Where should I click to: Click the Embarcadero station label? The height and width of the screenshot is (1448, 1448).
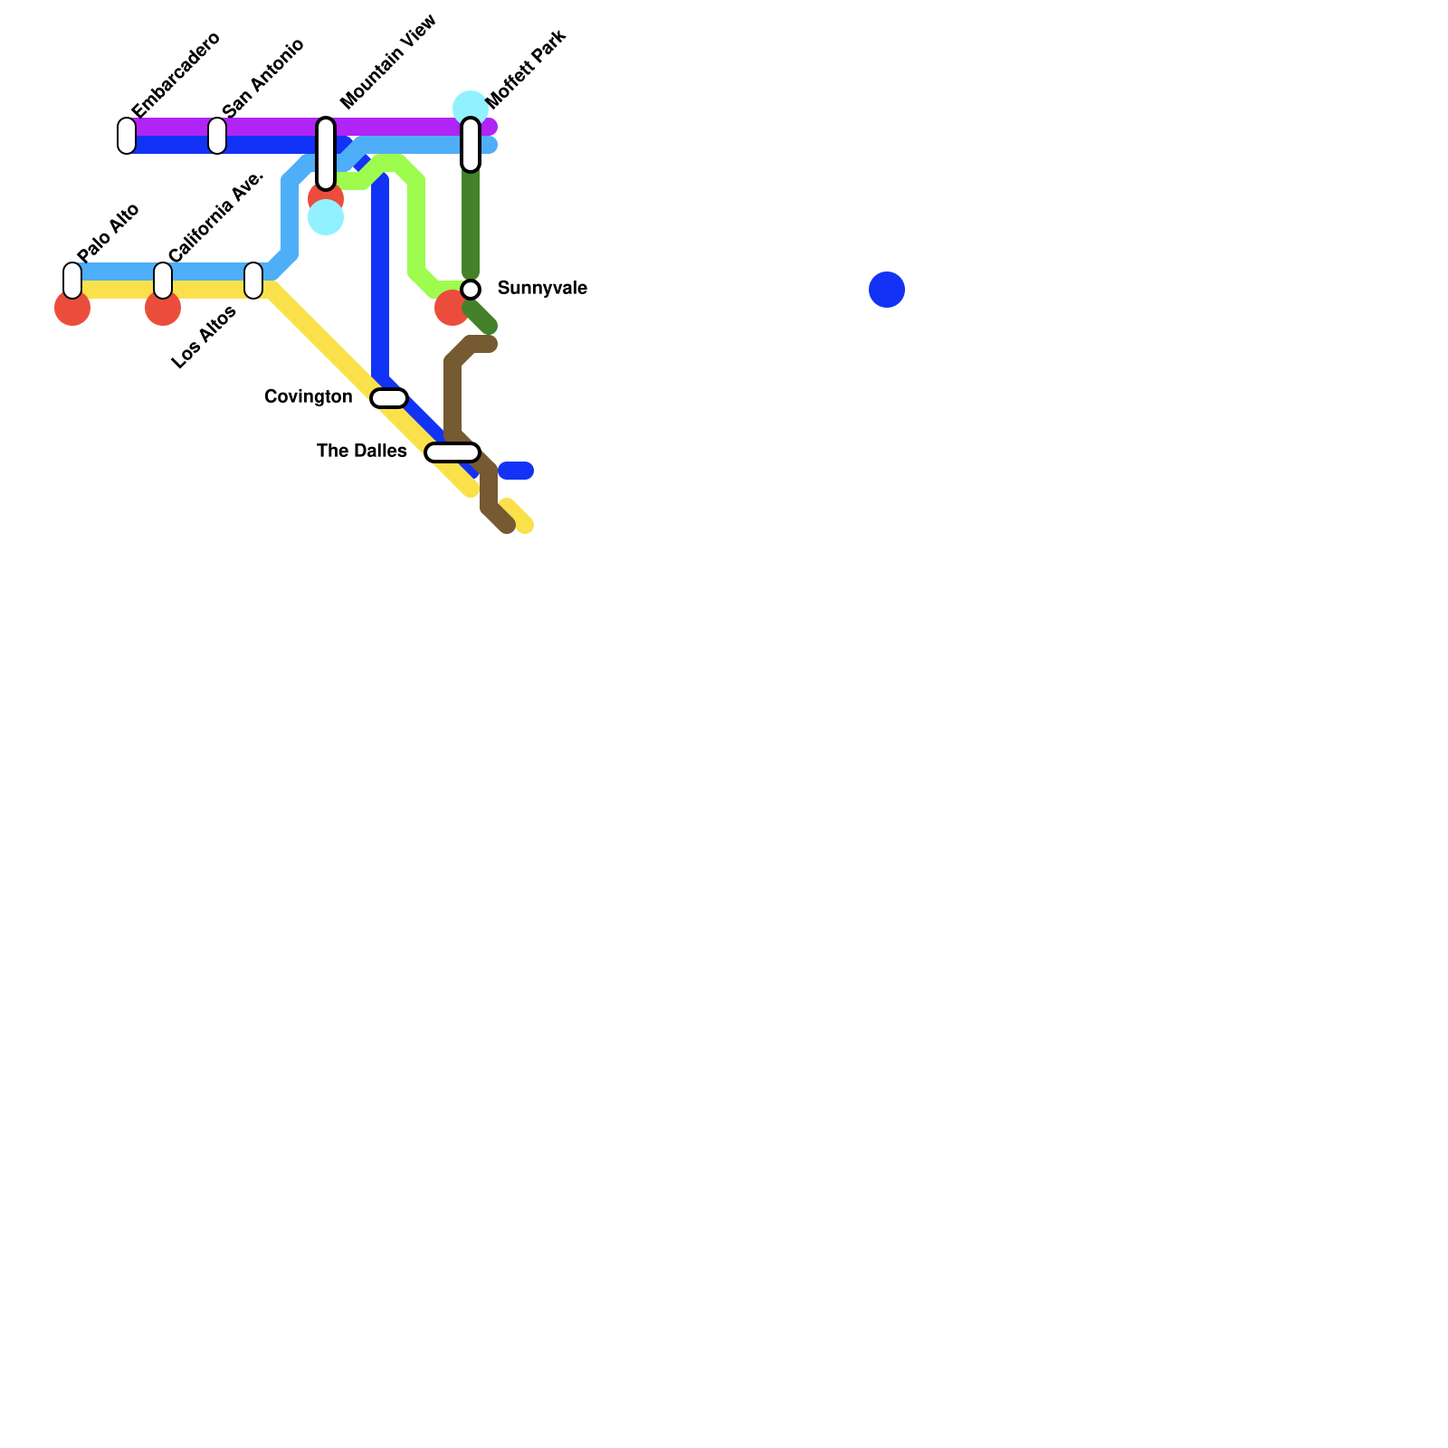pyautogui.click(x=176, y=75)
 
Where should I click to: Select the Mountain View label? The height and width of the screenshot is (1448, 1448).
pyautogui.click(x=388, y=62)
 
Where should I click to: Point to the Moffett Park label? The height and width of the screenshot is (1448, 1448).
pyautogui.click(x=526, y=69)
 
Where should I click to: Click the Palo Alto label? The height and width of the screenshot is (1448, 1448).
pyautogui.click(x=109, y=233)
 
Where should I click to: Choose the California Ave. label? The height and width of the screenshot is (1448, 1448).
pyautogui.click(x=216, y=216)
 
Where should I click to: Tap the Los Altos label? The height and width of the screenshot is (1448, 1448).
pyautogui.click(x=204, y=338)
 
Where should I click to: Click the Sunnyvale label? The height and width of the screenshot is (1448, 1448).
pyautogui.click(x=542, y=289)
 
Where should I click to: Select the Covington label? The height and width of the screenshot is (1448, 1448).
pyautogui.click(x=308, y=397)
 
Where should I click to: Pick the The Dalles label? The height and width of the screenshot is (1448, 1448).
pyautogui.click(x=361, y=452)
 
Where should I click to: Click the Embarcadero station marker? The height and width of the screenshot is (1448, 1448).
pyautogui.click(x=127, y=136)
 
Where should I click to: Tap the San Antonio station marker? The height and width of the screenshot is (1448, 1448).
pyautogui.click(x=217, y=136)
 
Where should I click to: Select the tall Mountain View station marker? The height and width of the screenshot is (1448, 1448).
pyautogui.click(x=326, y=154)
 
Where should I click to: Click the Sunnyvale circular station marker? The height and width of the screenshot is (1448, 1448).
pyautogui.click(x=471, y=290)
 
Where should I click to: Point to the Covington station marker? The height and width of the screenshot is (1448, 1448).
pyautogui.click(x=389, y=398)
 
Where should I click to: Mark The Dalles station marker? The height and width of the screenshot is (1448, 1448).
pyautogui.click(x=452, y=452)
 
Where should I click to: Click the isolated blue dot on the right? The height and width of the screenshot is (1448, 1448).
pyautogui.click(x=887, y=290)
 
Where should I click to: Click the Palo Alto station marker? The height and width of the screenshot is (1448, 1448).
pyautogui.click(x=72, y=281)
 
